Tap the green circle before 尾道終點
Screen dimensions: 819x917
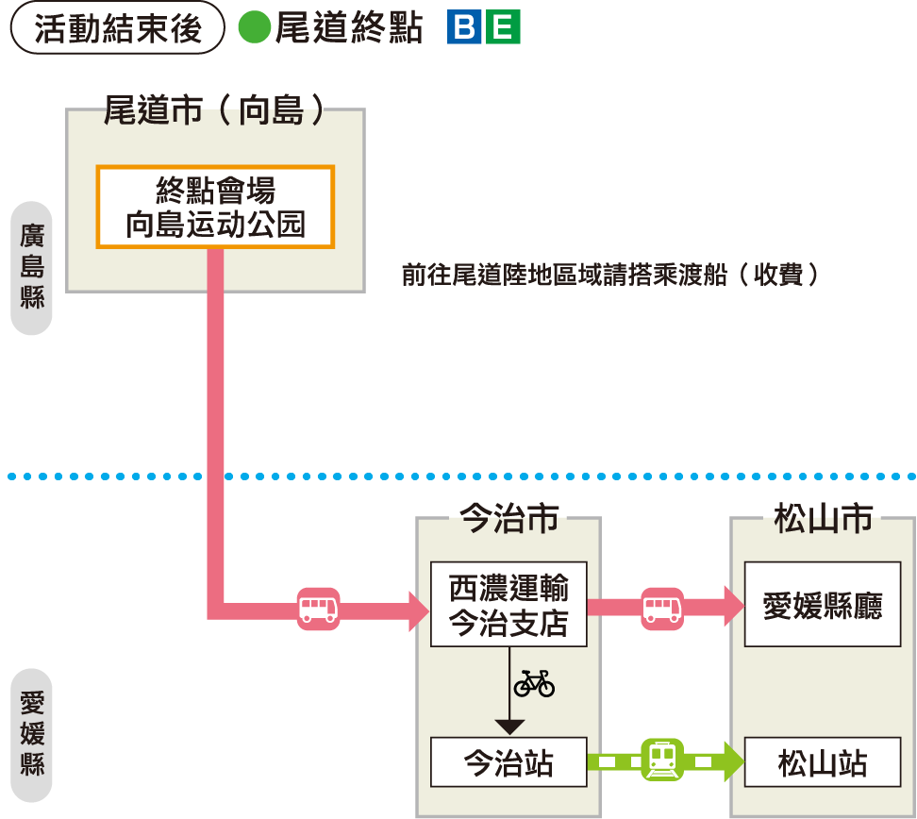coord(254,28)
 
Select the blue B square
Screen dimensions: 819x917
coord(464,28)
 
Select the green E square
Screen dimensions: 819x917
coord(504,28)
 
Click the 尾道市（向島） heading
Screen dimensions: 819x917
coord(215,110)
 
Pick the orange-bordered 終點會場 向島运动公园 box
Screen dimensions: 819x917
coord(215,208)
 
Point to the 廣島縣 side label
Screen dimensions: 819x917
coord(32,267)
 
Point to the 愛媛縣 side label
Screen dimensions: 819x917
coord(32,734)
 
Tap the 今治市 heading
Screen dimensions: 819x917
coord(509,518)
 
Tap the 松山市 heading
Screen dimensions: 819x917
coord(823,518)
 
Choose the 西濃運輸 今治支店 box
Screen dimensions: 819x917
coord(509,605)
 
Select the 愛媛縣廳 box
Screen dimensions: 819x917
coord(823,605)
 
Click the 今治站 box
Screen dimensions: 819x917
coord(509,762)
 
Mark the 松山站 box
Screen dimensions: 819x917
coord(823,762)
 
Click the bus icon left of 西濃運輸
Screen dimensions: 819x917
coord(318,609)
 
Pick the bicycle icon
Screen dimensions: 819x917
coord(534,682)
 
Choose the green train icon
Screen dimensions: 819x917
coord(662,760)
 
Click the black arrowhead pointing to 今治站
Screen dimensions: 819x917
coord(509,727)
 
